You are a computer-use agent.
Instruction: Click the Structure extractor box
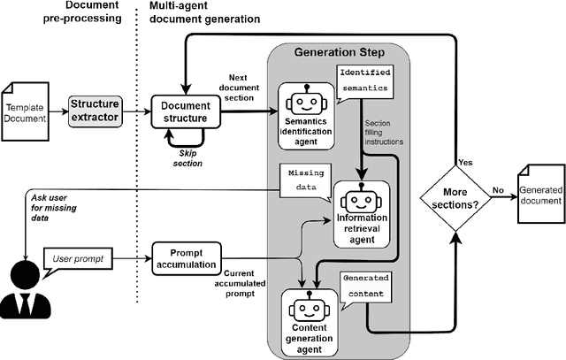click(x=95, y=111)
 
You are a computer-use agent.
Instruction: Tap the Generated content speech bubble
click(x=364, y=283)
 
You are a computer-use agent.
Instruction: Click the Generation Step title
click(x=335, y=52)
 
